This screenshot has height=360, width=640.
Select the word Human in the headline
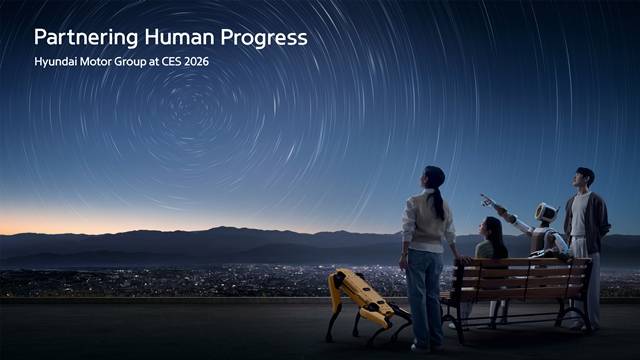point(175,38)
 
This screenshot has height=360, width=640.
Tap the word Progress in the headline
point(265,38)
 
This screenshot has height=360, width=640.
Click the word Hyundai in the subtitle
point(57,62)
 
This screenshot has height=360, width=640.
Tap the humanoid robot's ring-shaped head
point(546,213)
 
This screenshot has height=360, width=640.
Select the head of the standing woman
point(434,177)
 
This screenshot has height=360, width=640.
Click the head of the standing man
point(585,178)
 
